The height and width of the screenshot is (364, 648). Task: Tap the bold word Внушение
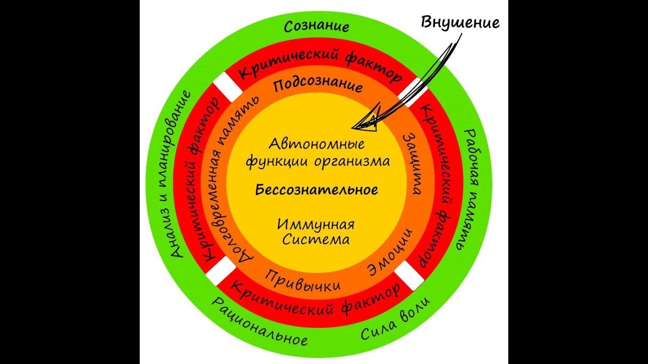460,22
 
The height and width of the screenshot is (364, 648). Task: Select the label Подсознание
318,85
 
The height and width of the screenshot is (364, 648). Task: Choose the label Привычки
302,280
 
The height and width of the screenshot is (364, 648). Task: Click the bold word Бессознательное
317,190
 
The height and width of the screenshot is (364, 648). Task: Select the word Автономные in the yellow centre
317,144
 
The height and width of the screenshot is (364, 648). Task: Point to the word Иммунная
316,224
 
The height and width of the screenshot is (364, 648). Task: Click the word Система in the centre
316,239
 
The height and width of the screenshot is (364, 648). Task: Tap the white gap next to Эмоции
409,276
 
